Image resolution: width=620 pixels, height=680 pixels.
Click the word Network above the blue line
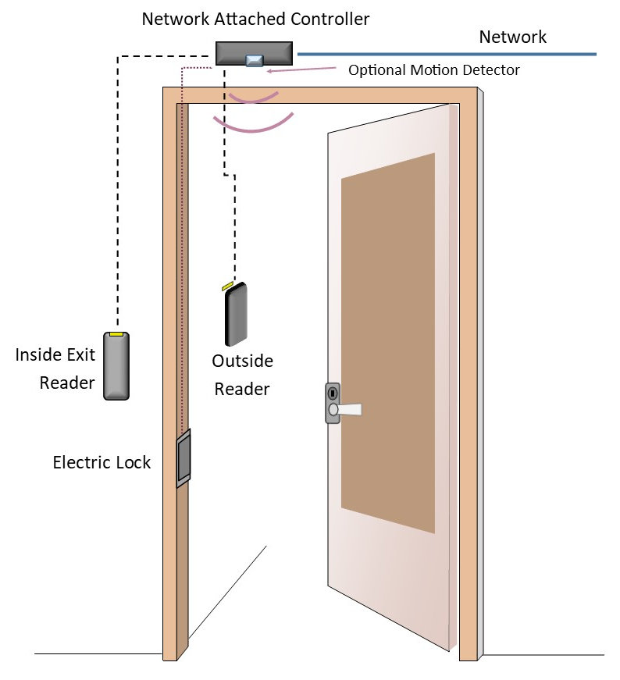pos(512,37)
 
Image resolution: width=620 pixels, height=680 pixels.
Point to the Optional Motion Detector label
pos(433,70)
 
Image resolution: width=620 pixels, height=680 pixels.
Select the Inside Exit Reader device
pos(116,367)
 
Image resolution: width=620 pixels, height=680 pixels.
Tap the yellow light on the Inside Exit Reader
pos(116,335)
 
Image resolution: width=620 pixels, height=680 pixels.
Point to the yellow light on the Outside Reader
pos(227,287)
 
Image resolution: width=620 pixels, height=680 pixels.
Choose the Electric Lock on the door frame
pos(184,459)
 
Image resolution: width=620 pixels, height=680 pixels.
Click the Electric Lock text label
pos(102,462)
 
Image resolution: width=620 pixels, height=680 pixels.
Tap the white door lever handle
pos(347,410)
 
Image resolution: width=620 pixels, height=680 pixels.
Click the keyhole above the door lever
pos(333,393)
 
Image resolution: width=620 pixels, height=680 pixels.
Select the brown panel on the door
pos(387,344)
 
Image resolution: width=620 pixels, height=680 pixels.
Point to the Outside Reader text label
pos(242,375)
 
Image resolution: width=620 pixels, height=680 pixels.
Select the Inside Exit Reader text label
pos(55,368)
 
